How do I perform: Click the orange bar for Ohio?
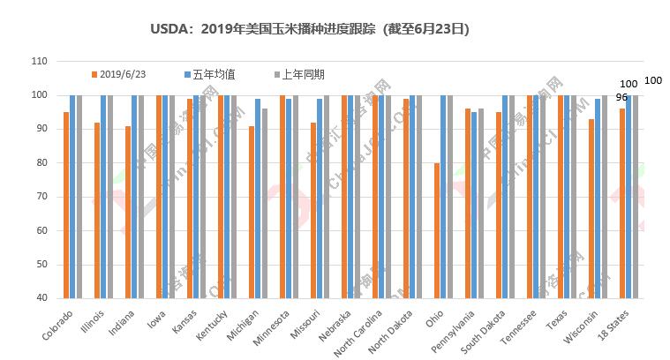437,230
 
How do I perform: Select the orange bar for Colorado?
66,205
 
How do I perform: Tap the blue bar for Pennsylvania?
474,205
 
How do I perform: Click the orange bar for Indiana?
128,212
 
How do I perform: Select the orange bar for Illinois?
97,210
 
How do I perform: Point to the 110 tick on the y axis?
39,61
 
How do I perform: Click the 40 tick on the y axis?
41,298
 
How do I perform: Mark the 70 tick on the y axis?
41,197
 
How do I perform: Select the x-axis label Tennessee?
520,327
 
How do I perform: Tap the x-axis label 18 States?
615,326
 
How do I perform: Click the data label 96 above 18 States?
621,97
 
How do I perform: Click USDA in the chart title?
169,29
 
